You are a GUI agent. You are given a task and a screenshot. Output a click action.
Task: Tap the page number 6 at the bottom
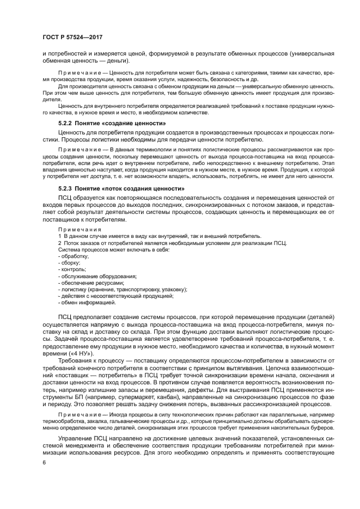44,462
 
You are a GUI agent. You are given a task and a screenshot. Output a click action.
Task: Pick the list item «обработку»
74,256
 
